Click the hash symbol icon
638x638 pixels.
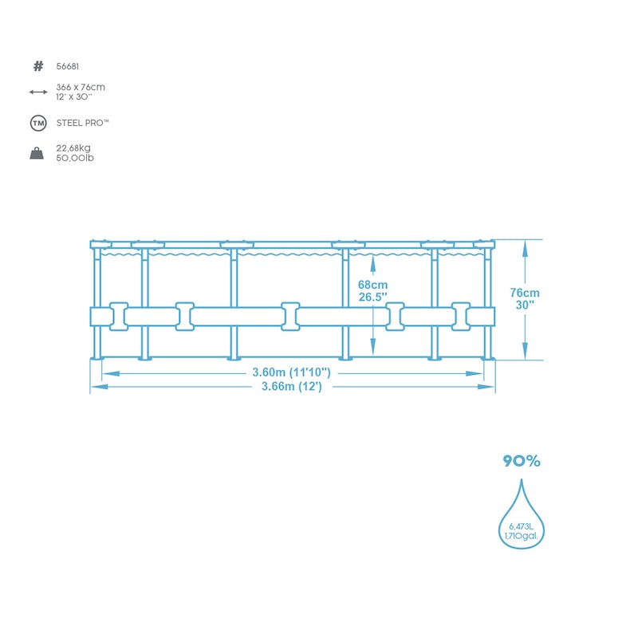pos(38,66)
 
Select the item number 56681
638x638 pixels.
pos(68,66)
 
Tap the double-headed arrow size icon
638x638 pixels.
pos(38,93)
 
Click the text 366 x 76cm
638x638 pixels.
pos(81,87)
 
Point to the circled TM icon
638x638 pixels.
pos(38,124)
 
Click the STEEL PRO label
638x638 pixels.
pos(83,123)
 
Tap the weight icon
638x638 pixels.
pos(37,153)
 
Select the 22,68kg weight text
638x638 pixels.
pos(73,148)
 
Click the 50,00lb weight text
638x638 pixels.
pos(75,158)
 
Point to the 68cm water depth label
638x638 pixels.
pos(372,285)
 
